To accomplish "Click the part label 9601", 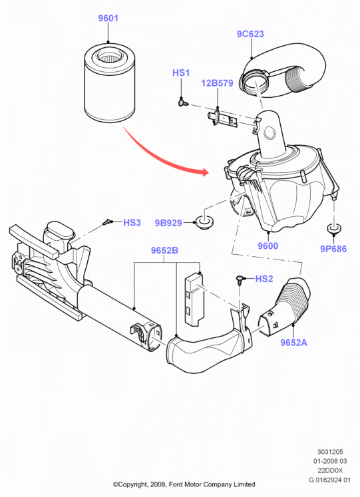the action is tap(108, 19).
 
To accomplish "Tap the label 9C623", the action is tap(250, 34).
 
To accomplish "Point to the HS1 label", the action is tap(181, 73).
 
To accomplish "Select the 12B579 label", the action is tap(217, 83).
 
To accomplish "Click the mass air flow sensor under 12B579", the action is tap(224, 119).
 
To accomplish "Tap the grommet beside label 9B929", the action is tap(205, 221).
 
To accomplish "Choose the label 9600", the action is tap(268, 246).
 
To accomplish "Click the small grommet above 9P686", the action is tap(333, 229).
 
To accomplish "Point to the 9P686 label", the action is tap(333, 249).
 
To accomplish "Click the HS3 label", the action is tap(132, 222).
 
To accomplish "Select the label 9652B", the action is tap(164, 250).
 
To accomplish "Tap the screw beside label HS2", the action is tap(240, 279).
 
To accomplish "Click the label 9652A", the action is tap(293, 343).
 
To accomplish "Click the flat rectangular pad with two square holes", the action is tap(194, 299).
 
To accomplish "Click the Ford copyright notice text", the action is tap(184, 484).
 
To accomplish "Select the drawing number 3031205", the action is tap(330, 452).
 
